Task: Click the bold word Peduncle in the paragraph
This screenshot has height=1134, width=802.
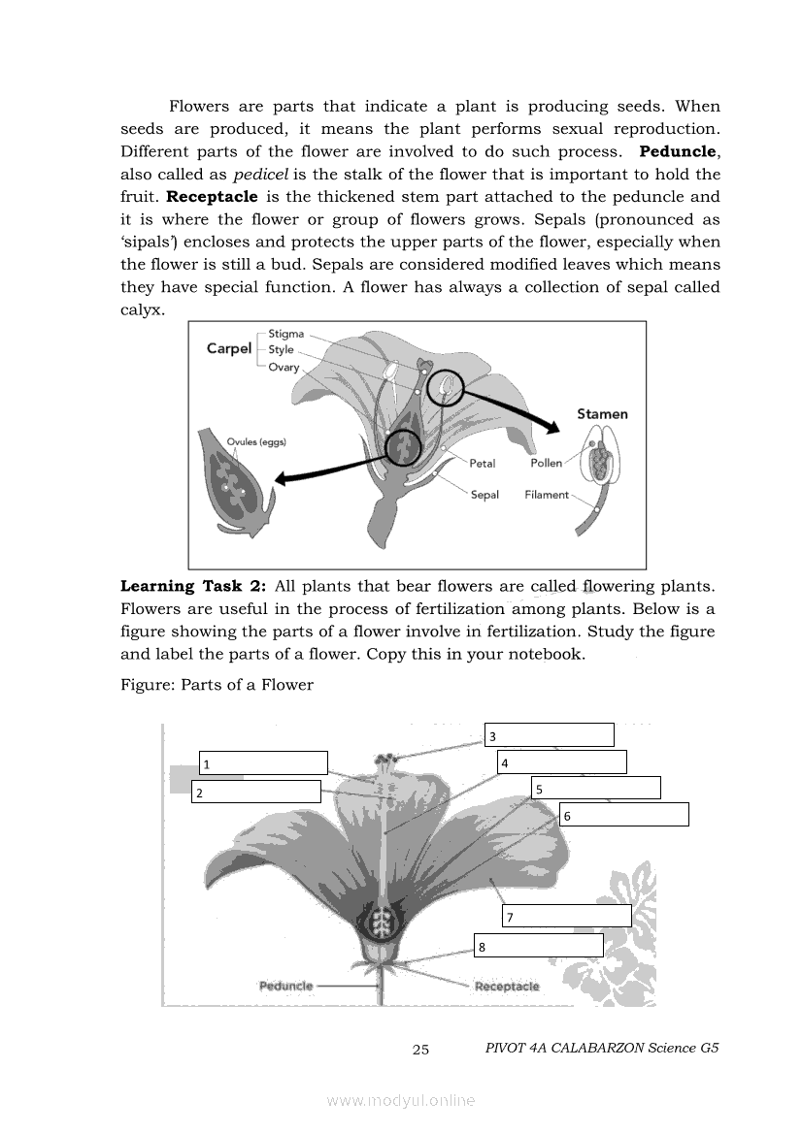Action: pos(678,152)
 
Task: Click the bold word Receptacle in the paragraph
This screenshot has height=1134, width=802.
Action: pos(212,197)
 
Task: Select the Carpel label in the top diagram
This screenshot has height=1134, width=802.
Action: pos(229,348)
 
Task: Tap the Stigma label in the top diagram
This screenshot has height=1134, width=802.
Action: pos(285,334)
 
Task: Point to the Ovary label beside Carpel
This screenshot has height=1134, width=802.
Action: pos(284,368)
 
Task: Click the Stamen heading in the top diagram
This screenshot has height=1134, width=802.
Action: pos(602,413)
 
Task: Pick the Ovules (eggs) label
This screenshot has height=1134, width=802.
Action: pos(256,442)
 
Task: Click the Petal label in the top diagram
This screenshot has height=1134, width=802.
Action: pos(482,464)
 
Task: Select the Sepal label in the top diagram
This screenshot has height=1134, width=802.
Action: pos(485,496)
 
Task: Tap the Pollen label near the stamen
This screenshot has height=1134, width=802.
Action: pos(546,463)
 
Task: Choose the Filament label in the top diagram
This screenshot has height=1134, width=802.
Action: pos(547,495)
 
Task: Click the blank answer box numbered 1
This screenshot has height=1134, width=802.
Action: pos(263,763)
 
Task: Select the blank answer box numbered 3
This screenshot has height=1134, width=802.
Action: pos(550,734)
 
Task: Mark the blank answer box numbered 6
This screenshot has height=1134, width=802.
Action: pos(624,814)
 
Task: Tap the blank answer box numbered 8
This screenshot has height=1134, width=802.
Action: pos(539,945)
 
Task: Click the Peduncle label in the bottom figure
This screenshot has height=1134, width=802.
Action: pos(285,986)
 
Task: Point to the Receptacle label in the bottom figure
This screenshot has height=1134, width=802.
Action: pos(507,987)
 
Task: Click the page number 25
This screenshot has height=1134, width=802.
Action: pos(420,1050)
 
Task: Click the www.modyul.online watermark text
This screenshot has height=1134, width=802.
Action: pos(401,1101)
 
